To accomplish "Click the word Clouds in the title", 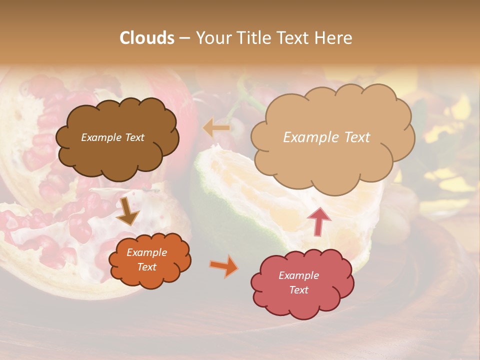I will click(x=147, y=38).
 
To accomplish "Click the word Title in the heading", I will click(x=252, y=38).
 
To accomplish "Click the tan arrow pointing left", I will click(x=216, y=128).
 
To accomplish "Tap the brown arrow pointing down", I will click(x=127, y=211).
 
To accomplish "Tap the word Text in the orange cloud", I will click(x=146, y=267).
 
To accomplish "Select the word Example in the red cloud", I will click(x=298, y=275).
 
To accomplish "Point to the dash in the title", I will click(x=184, y=38).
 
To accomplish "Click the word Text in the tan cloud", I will click(x=357, y=137).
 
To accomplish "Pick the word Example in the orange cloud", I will click(x=146, y=253).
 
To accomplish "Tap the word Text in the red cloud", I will click(x=298, y=290).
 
